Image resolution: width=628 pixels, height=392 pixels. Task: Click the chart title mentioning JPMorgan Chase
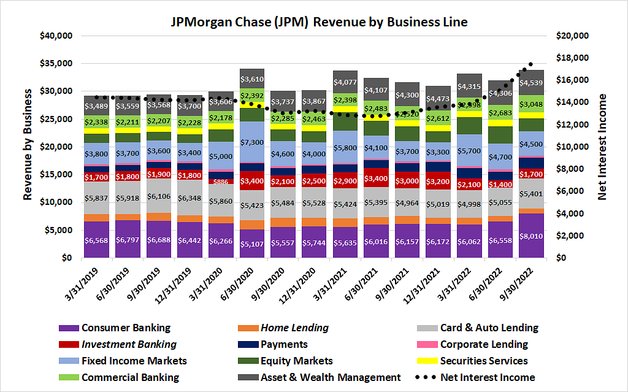[319, 23]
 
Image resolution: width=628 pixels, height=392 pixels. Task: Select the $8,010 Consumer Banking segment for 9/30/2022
[531, 236]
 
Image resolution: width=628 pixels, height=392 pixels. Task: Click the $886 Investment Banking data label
[220, 182]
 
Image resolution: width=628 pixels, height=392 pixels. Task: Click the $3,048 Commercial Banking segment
[531, 104]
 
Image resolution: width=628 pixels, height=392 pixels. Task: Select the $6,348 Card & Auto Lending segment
[188, 198]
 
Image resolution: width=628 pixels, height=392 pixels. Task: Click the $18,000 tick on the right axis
[572, 58]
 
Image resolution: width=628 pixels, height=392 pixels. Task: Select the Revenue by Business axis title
[28, 145]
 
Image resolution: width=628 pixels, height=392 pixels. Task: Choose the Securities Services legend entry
[484, 361]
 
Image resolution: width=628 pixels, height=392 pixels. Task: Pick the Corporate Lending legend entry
[484, 345]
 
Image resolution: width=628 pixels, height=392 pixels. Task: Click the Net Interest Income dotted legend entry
[488, 377]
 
